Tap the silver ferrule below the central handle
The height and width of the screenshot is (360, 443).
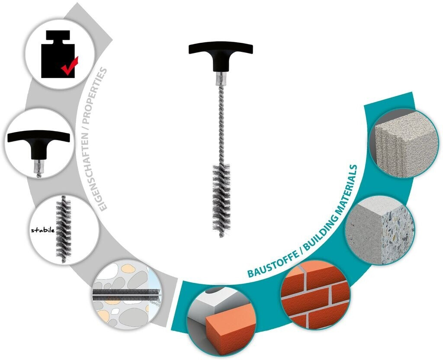[x=221, y=79]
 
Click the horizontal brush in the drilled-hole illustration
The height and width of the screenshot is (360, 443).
[x=125, y=294]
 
